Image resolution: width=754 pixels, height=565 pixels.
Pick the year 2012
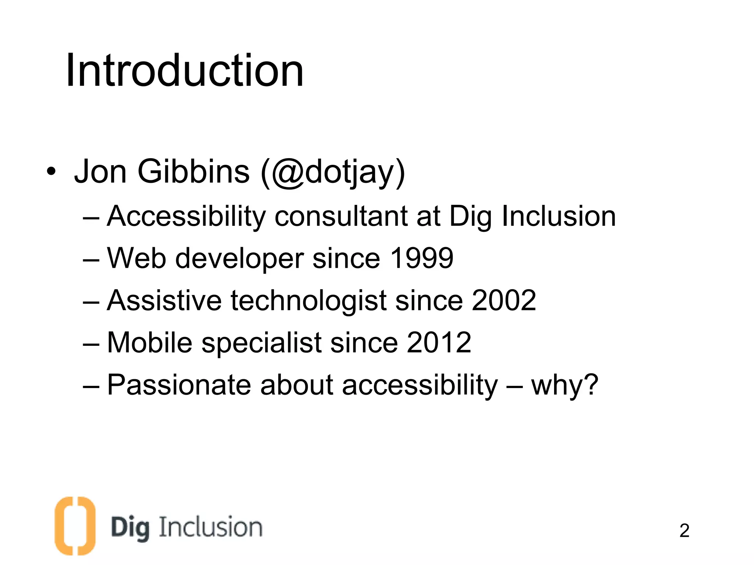[x=439, y=342]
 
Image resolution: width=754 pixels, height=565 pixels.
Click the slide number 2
[x=684, y=530]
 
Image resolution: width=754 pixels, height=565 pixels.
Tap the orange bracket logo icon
[x=75, y=526]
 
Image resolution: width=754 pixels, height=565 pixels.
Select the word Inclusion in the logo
[x=211, y=527]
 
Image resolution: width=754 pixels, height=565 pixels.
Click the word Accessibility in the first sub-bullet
[x=186, y=216]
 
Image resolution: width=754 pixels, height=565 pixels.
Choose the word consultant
[x=341, y=216]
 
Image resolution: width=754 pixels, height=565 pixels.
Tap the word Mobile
[x=149, y=342]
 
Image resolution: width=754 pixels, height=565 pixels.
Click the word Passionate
[x=179, y=385]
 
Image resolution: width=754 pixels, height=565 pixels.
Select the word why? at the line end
[x=564, y=385]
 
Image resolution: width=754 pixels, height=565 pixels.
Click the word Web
[x=136, y=258]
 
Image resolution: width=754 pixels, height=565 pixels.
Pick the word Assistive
[x=164, y=300]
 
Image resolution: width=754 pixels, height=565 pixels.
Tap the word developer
[x=239, y=259]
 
